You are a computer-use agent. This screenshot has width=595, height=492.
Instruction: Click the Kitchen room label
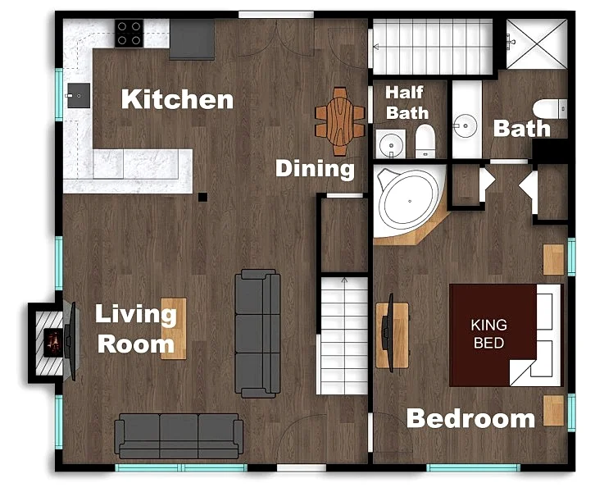177,99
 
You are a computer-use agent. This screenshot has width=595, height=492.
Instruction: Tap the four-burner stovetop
129,34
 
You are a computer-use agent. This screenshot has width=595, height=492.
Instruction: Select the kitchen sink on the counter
79,96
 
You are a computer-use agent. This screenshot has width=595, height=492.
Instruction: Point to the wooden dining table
340,121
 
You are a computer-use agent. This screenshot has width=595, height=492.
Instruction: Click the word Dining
315,169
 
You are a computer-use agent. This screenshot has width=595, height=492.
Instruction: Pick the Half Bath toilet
425,141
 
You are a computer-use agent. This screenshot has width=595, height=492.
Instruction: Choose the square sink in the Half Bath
391,144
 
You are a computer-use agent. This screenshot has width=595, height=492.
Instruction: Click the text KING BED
488,334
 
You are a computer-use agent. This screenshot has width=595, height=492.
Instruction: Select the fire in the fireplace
53,343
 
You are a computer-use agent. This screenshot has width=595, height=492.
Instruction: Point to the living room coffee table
174,328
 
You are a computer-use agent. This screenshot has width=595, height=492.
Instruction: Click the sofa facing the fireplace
257,333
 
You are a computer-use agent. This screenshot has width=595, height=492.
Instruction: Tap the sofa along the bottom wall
179,435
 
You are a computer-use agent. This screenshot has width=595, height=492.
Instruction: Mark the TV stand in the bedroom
393,335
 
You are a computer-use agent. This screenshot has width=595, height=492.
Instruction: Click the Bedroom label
470,418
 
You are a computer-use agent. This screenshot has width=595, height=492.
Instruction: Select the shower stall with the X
537,44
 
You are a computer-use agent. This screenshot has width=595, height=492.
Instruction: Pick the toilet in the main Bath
550,109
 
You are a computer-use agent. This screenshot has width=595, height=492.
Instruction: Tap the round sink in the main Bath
466,125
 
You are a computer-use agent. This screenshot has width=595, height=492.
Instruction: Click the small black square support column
202,197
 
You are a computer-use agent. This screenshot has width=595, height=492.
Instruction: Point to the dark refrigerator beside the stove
192,39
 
